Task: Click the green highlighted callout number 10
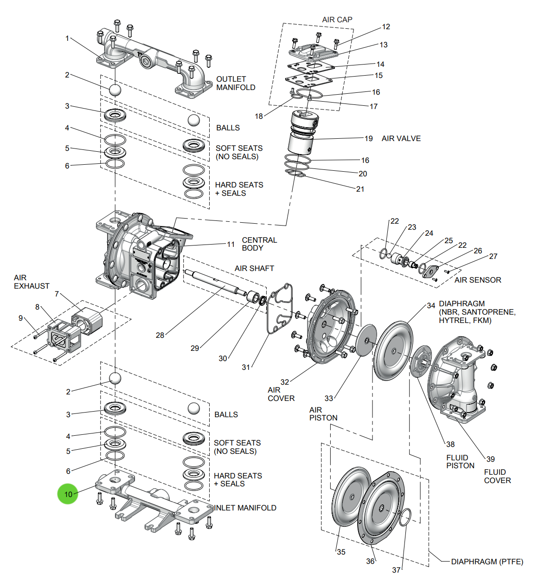[68, 494]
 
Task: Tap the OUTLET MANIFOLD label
[236, 83]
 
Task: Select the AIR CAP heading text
[337, 19]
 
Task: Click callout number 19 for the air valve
[368, 138]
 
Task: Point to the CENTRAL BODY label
[259, 244]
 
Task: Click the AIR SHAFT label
[254, 268]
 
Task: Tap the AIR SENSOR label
[478, 280]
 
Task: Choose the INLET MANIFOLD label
[245, 508]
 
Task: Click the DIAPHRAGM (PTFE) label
[487, 562]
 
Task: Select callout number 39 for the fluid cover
[490, 459]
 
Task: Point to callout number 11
[231, 244]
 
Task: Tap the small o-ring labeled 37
[405, 517]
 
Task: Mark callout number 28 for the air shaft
[160, 335]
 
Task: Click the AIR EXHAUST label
[31, 282]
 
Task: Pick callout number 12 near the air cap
[386, 27]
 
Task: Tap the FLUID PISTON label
[460, 462]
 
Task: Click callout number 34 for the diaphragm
[431, 305]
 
